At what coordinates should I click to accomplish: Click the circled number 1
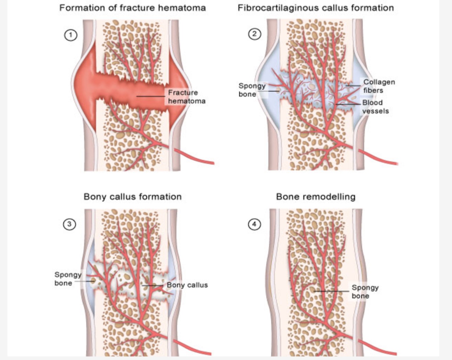[70, 35]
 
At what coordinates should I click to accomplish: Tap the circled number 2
[255, 34]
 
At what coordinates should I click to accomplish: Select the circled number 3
[69, 224]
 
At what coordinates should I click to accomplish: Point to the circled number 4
[254, 224]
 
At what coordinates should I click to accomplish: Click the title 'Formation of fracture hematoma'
[132, 8]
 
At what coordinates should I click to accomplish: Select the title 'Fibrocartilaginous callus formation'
[315, 8]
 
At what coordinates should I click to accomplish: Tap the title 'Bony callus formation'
[132, 197]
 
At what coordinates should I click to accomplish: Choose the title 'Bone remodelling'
[315, 197]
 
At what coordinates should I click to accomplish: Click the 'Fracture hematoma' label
[186, 97]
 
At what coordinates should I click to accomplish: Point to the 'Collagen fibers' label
[379, 86]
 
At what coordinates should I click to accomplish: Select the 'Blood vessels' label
[375, 106]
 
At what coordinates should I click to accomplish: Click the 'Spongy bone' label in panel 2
[252, 90]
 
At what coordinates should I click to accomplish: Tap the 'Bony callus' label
[187, 285]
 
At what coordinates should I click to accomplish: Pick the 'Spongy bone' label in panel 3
[68, 279]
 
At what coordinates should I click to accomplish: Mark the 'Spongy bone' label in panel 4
[365, 292]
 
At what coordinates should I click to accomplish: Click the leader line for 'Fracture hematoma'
[151, 96]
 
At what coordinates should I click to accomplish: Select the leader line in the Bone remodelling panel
[331, 291]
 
